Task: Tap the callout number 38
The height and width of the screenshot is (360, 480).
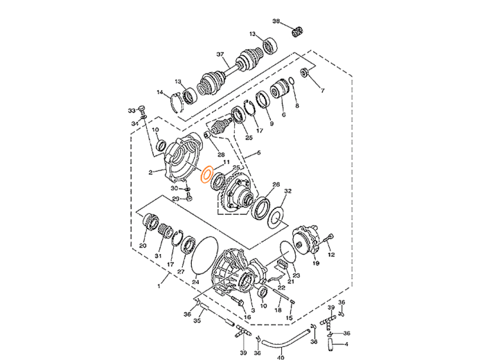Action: pos(276,21)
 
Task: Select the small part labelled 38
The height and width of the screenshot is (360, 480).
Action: pos(297,32)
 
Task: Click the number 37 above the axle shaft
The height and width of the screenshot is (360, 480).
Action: pos(220,55)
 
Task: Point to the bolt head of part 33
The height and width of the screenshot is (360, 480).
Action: pos(142,108)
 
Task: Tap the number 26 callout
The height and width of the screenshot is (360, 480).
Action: pos(276,184)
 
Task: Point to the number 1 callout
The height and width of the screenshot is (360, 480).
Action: pos(159,287)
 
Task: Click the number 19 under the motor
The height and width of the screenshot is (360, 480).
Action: pos(316,263)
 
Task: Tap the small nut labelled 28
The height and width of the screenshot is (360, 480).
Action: pos(207,134)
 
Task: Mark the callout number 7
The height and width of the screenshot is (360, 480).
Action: pos(322,91)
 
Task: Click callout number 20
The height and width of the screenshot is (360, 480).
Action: pos(143,245)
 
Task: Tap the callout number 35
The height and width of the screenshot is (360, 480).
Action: pos(197,321)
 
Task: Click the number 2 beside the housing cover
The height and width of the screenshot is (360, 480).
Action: pos(150,173)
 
